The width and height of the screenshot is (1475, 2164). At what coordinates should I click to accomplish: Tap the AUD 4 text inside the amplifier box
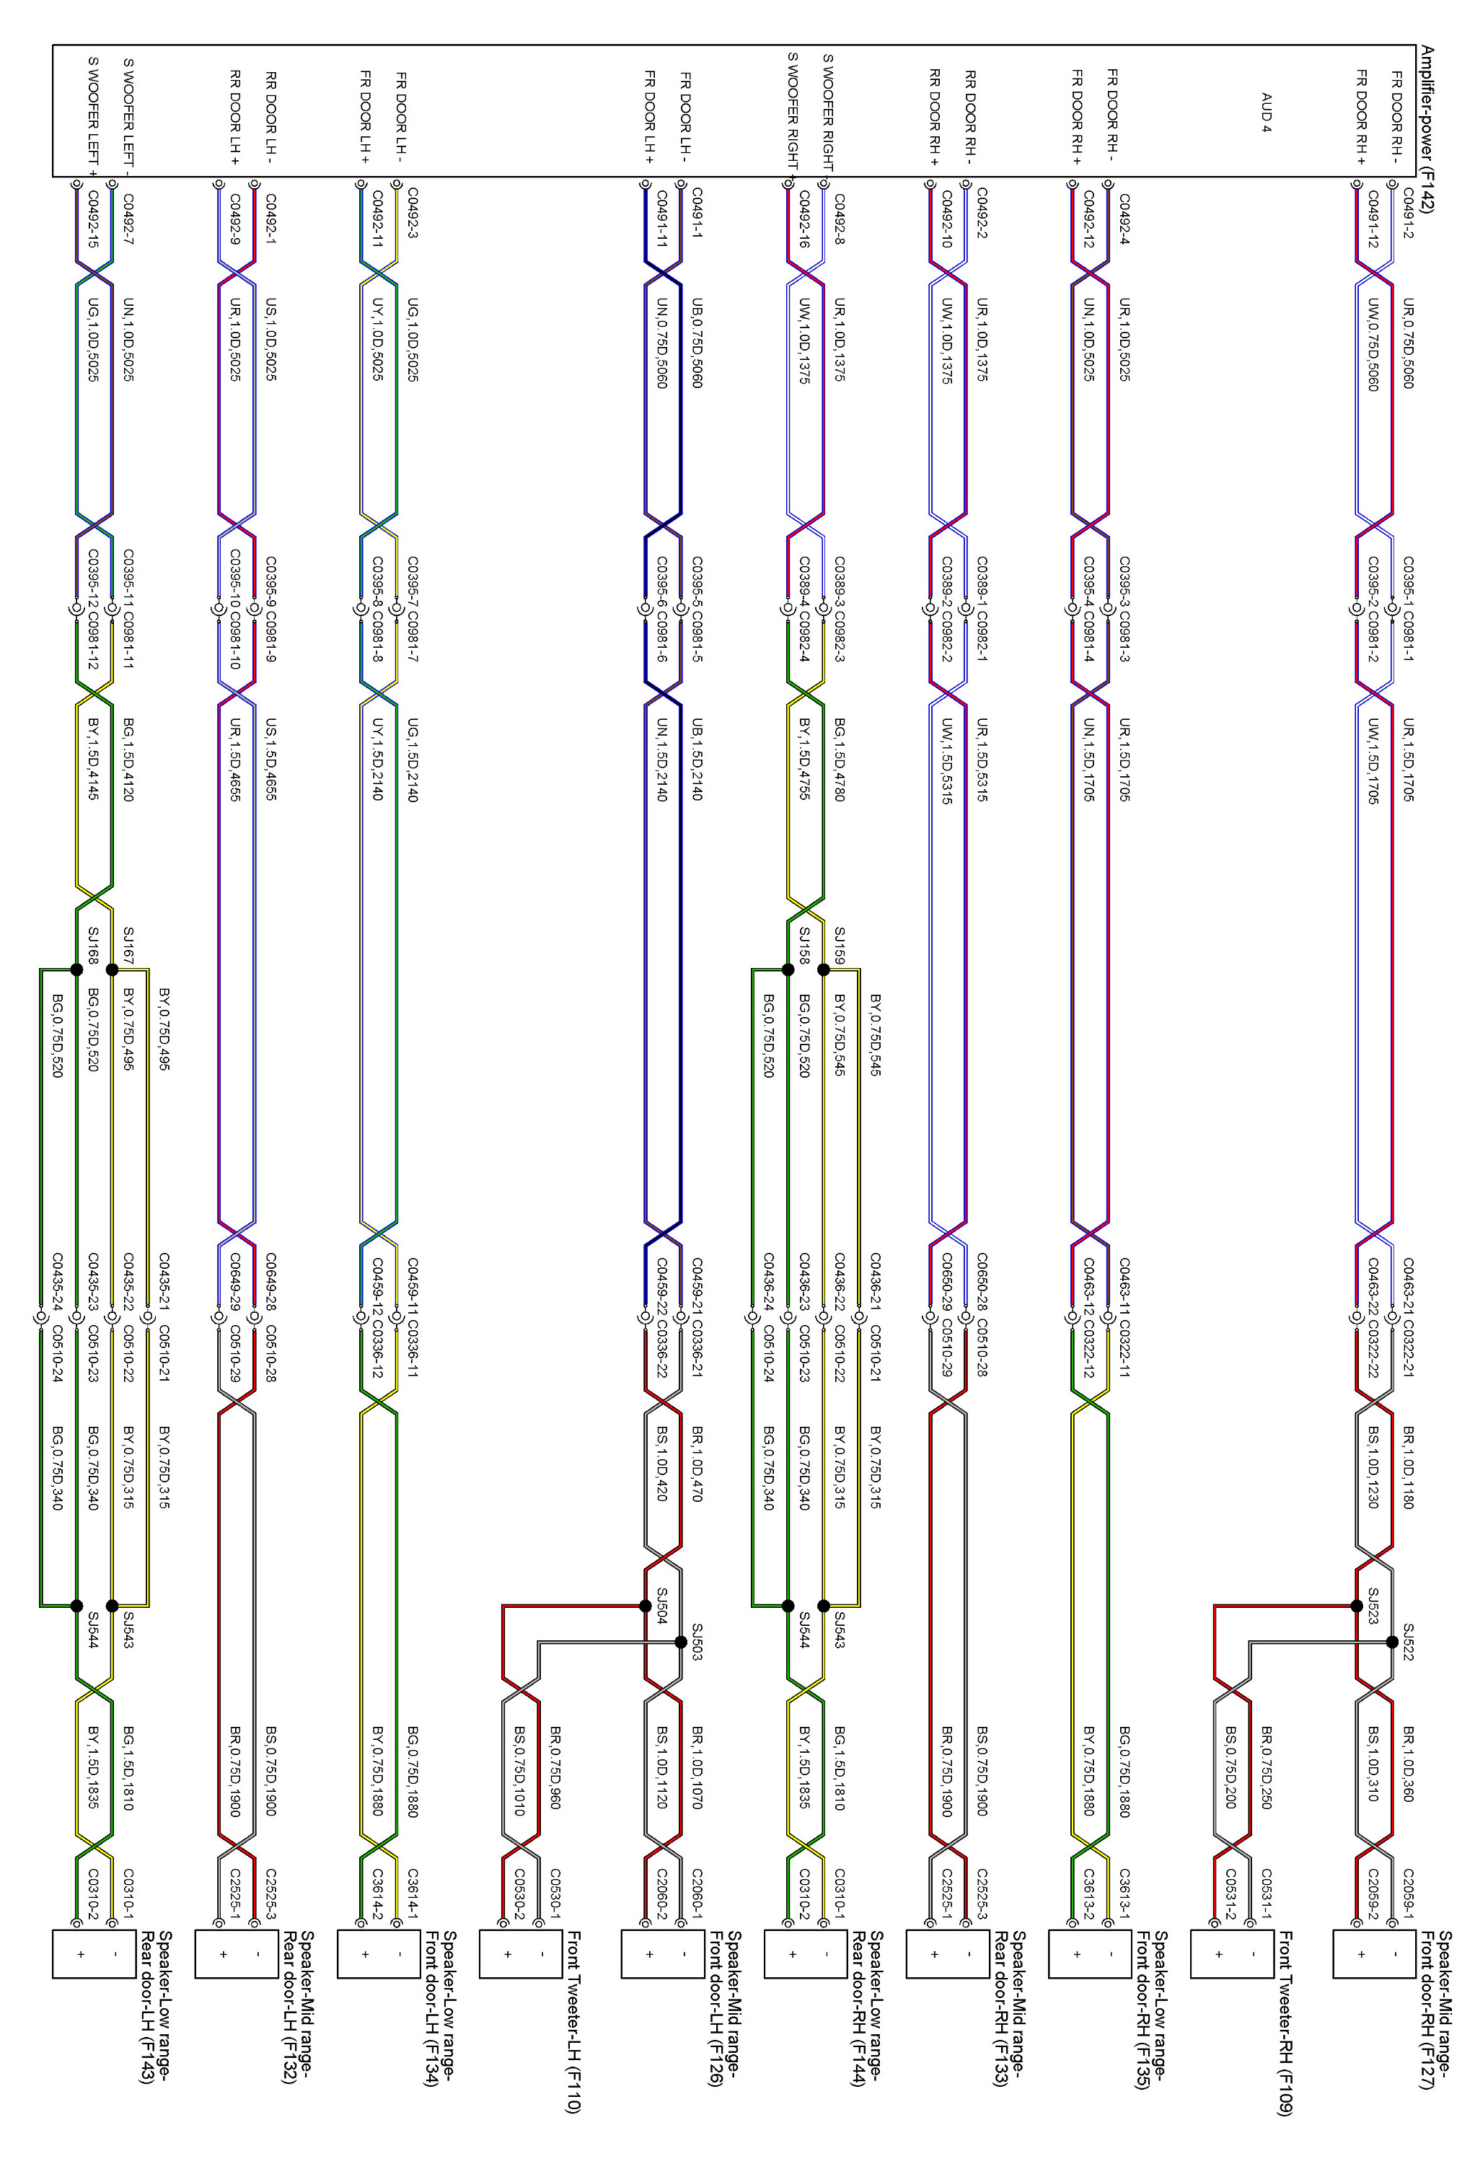tap(1266, 113)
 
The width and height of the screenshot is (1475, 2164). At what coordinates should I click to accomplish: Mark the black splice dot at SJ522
tap(1392, 1642)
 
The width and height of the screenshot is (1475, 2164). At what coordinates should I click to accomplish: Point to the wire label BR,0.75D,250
tap(1267, 1767)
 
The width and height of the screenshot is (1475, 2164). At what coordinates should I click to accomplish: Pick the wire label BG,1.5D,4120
tap(128, 759)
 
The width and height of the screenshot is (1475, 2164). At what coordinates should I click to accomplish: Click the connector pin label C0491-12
tap(1373, 220)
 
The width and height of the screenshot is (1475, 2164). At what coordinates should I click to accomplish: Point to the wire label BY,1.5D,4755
tap(803, 759)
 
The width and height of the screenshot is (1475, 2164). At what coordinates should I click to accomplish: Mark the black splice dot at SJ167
tap(112, 969)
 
